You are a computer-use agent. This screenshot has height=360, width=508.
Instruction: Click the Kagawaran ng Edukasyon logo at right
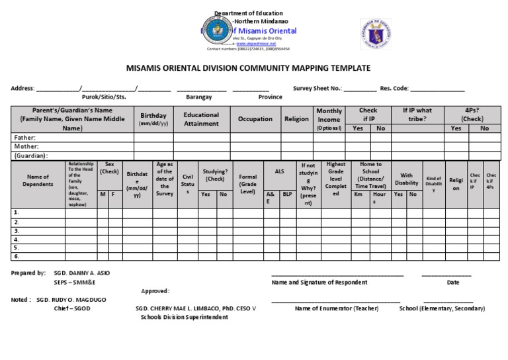click(375, 34)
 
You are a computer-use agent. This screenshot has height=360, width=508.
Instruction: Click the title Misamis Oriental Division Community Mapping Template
click(248, 68)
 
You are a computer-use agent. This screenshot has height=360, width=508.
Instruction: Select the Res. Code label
click(394, 87)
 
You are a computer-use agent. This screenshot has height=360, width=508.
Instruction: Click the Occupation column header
click(255, 119)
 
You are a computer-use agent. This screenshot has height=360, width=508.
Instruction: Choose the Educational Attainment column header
click(201, 119)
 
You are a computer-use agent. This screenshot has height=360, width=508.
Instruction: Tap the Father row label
click(24, 138)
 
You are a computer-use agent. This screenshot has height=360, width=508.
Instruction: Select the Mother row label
click(26, 146)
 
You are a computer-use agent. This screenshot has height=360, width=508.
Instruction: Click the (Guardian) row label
click(30, 156)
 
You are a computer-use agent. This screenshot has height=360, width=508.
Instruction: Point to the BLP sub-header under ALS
click(287, 195)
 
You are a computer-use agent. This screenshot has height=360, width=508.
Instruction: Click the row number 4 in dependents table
click(17, 240)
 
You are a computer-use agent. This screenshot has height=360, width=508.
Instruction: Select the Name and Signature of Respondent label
click(319, 283)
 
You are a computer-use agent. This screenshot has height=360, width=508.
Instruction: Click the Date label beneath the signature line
click(453, 283)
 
